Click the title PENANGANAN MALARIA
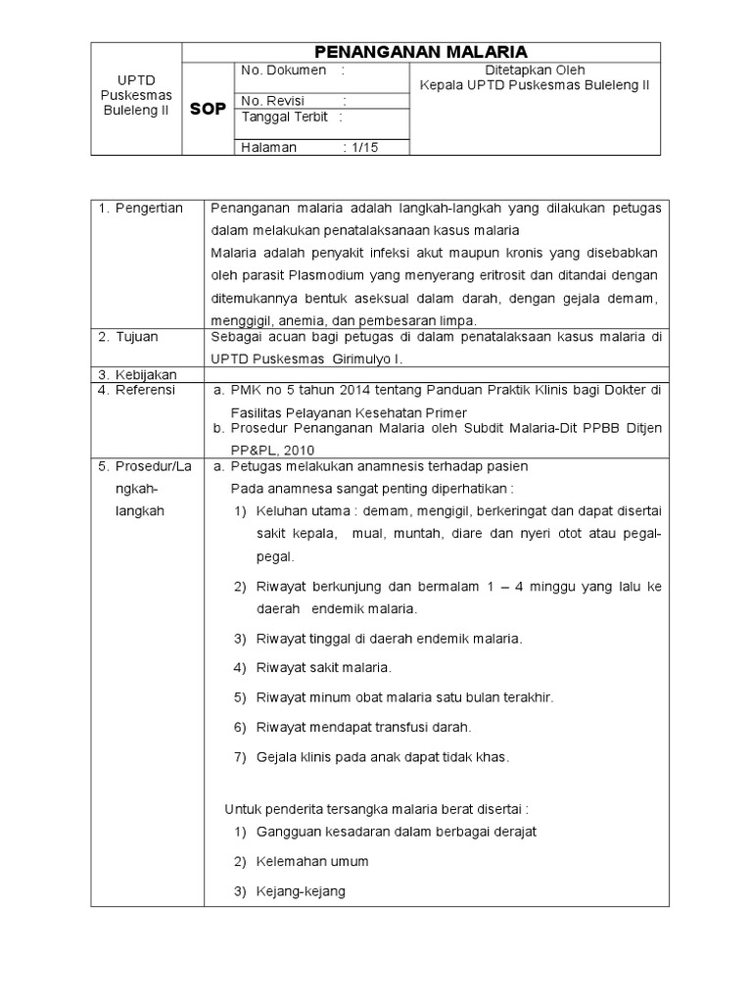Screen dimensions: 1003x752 420,52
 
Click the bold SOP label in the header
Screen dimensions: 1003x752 207,110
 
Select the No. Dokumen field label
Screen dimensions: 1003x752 283,72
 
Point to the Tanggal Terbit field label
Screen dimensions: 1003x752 285,117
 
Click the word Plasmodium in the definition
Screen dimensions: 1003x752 330,275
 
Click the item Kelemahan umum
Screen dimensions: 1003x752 311,862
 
